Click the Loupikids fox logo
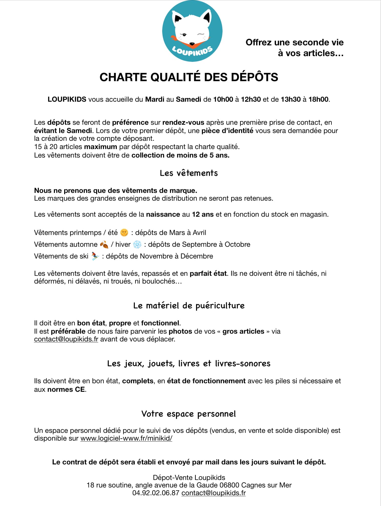point(192,31)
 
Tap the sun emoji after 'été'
point(124,232)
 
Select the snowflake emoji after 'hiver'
point(137,244)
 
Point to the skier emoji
point(95,256)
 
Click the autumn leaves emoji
point(104,244)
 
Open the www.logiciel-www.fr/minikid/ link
point(126,438)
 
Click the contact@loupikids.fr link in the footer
point(213,493)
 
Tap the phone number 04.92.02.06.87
point(156,493)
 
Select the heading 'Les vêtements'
point(189,173)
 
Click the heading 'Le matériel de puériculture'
point(189,306)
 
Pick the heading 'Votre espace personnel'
point(188,414)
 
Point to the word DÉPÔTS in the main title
point(254,77)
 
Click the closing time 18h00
point(318,99)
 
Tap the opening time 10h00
point(223,99)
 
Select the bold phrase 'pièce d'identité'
point(227,131)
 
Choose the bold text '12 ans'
point(203,214)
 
